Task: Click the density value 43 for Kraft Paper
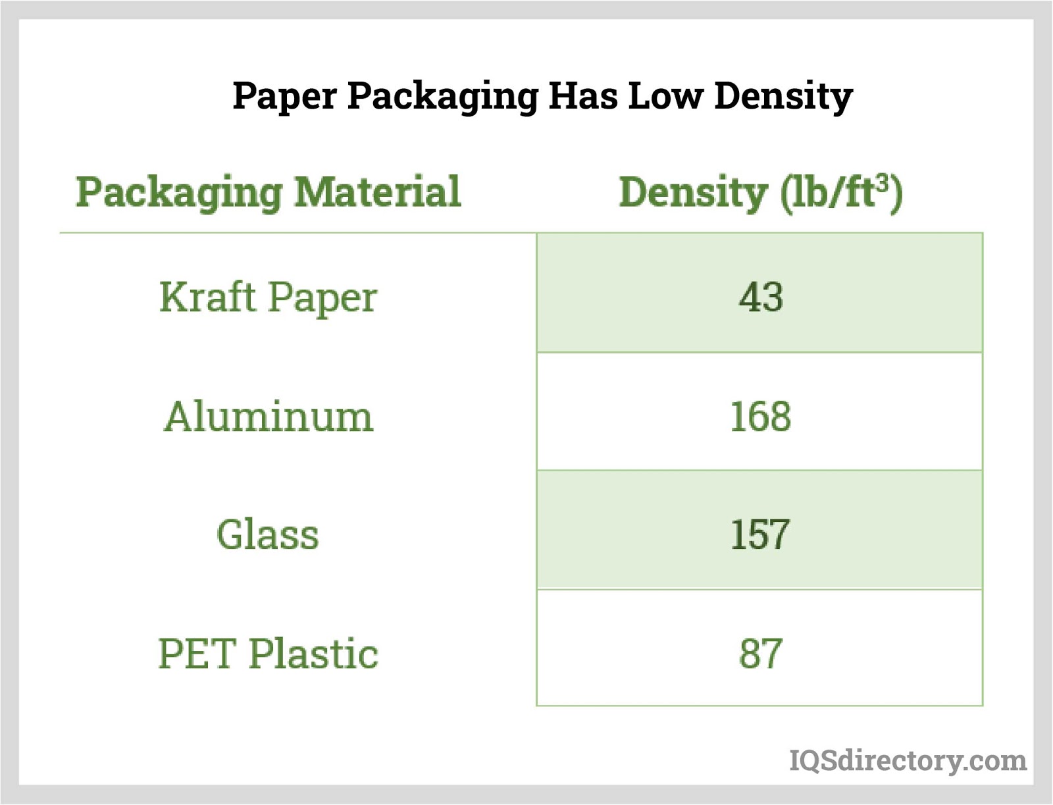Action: click(760, 297)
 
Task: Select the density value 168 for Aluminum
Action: click(760, 417)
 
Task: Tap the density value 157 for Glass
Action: click(759, 534)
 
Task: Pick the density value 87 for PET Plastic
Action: click(760, 654)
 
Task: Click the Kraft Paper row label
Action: click(268, 298)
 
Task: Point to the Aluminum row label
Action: click(268, 417)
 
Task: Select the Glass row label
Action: click(268, 534)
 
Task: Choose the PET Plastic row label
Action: click(268, 654)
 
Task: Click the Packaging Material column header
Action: click(268, 192)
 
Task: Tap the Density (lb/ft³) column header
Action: click(760, 192)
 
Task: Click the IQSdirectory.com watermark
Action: click(908, 760)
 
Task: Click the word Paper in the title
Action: click(284, 96)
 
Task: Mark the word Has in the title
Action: click(583, 96)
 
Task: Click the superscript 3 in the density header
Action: click(882, 181)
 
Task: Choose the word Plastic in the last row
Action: click(313, 654)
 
